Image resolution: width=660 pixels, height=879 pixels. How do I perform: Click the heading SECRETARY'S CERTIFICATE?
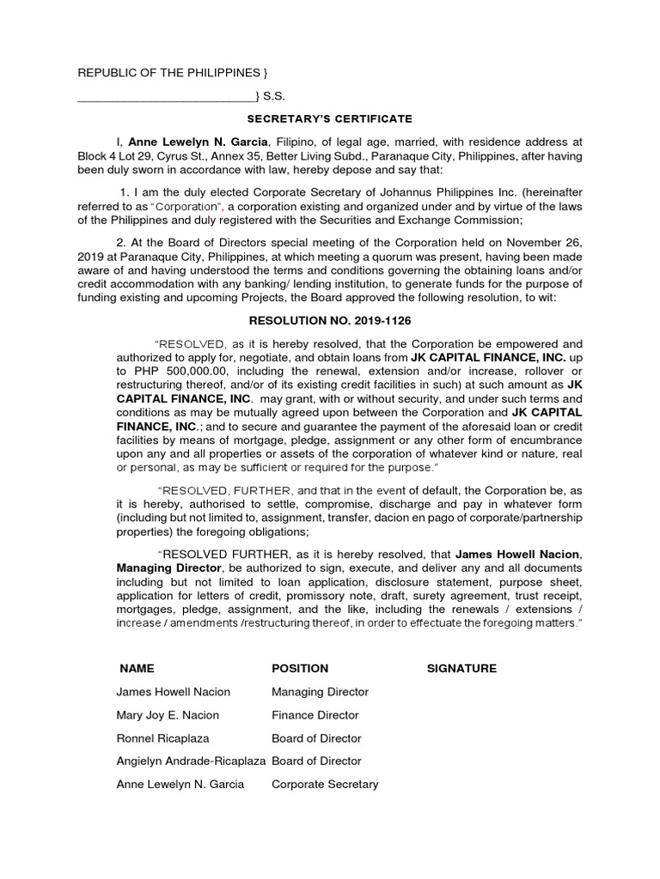pos(330,118)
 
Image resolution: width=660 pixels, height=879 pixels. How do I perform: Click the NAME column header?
pos(137,669)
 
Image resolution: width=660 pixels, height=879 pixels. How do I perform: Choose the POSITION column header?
pos(300,669)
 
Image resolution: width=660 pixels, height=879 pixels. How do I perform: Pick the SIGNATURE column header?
pos(461,669)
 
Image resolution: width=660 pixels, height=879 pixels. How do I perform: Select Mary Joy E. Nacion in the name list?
pos(168,715)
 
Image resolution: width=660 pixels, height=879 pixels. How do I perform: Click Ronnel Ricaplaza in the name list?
pos(162,738)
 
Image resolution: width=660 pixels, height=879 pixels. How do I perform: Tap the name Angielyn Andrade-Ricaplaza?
pos(192,761)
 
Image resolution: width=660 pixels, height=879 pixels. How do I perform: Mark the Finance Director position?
pos(315,715)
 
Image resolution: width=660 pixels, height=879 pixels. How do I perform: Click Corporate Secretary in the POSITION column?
pos(325,784)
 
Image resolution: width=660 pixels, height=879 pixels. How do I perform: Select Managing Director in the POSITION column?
pos(320,692)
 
